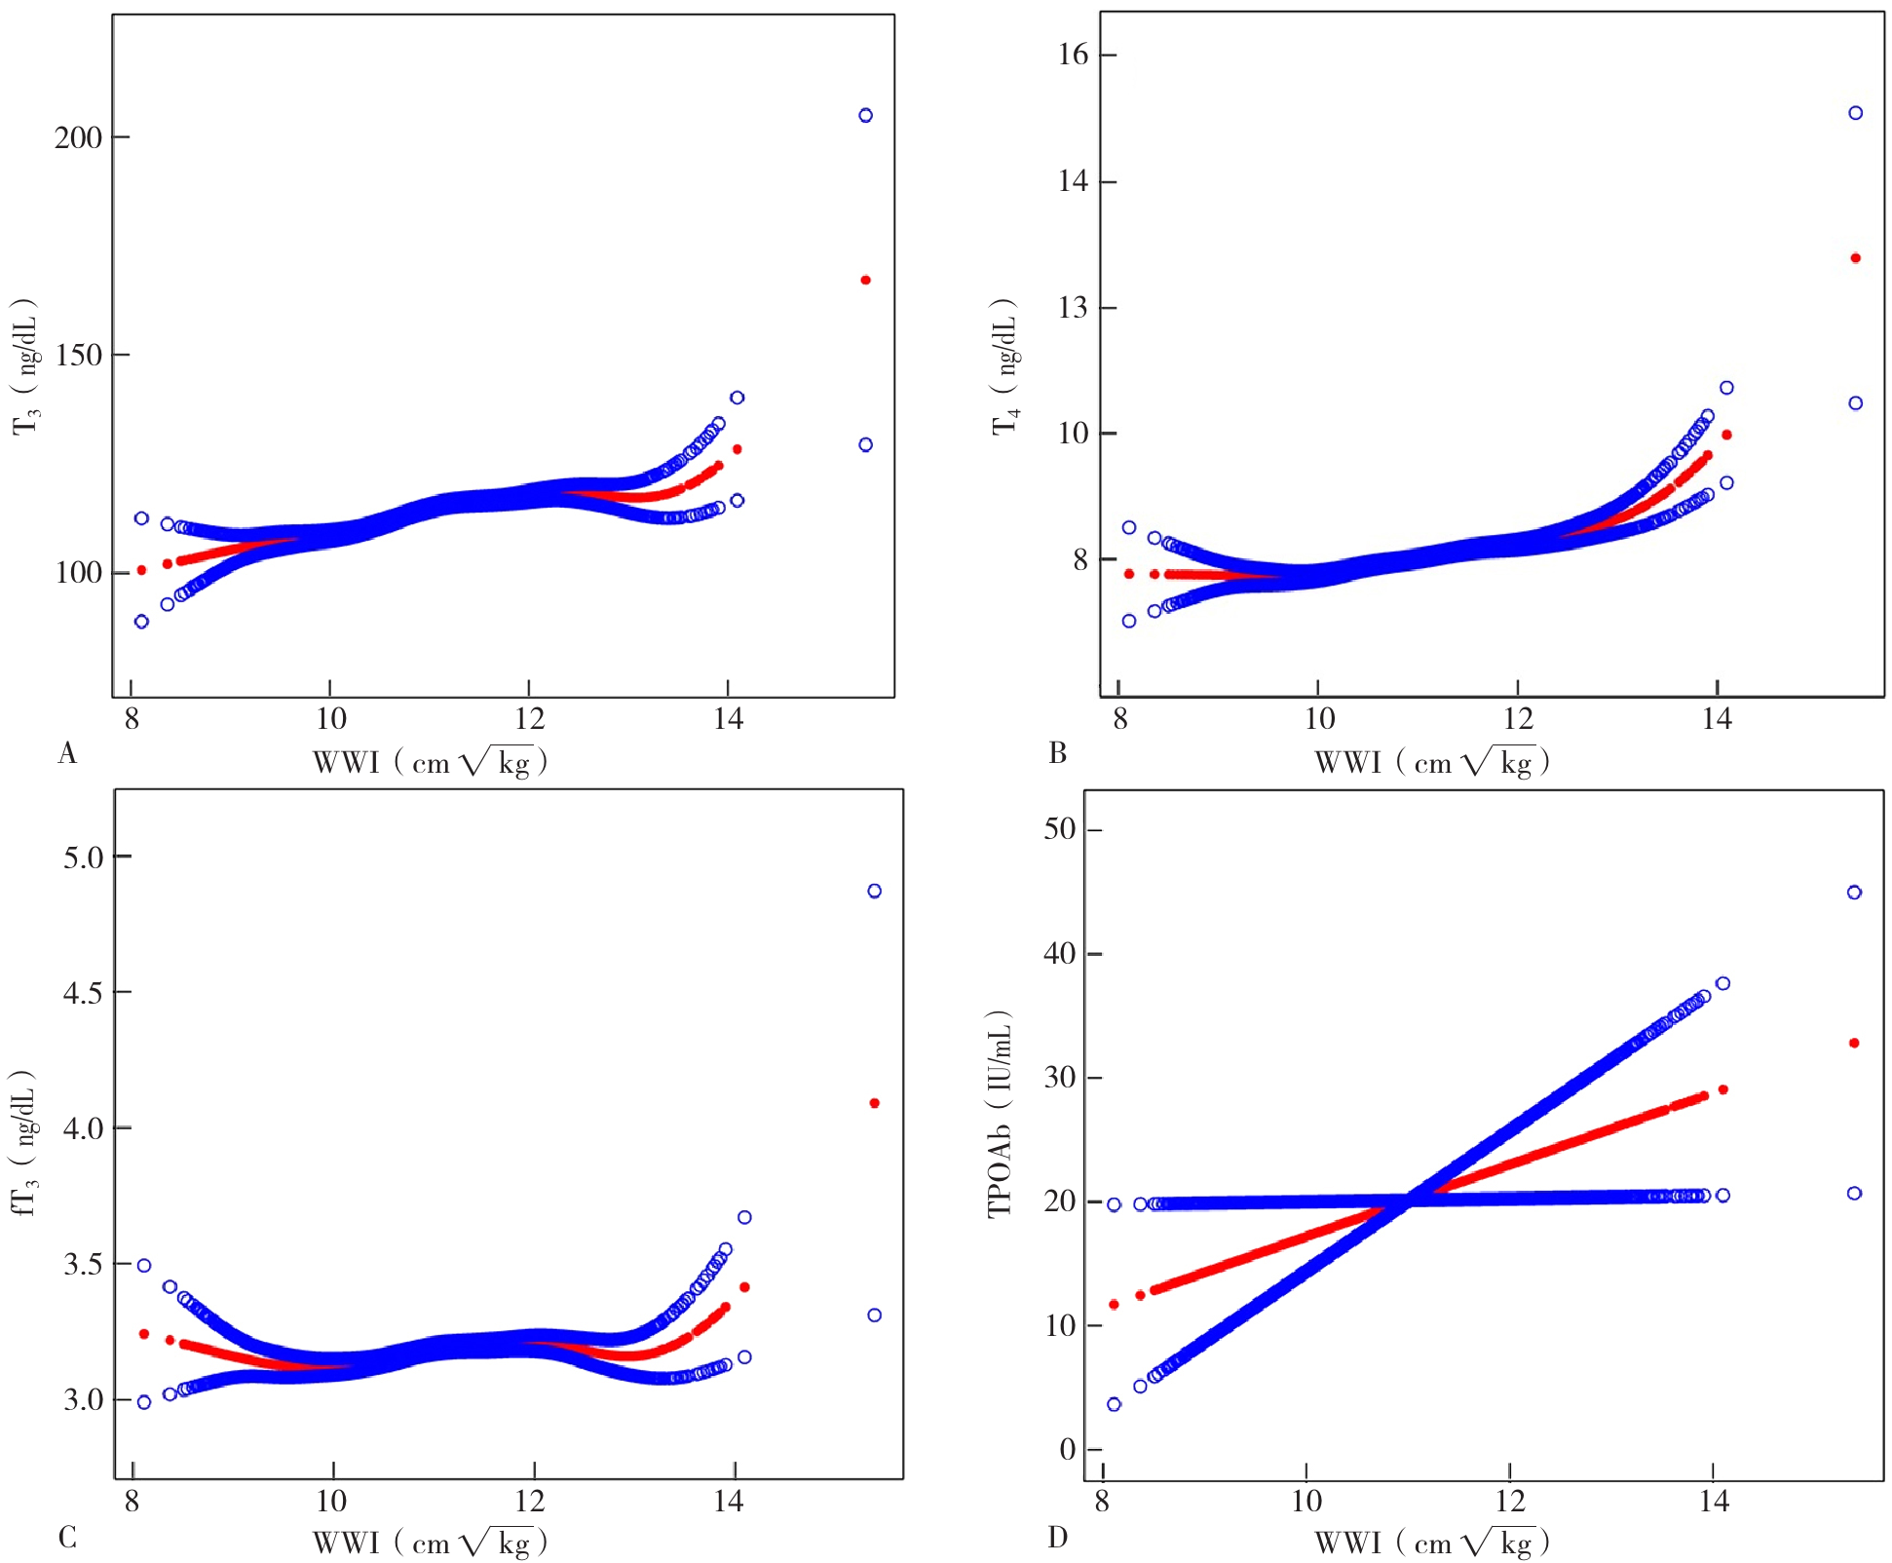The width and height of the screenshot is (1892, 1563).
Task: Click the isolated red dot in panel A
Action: [x=865, y=280]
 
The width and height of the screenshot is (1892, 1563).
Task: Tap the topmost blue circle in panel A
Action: [x=865, y=115]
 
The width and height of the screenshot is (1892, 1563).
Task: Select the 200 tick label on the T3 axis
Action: [x=78, y=137]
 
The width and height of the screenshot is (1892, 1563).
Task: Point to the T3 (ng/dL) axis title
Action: [x=26, y=366]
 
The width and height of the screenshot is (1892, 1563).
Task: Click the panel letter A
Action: [x=67, y=753]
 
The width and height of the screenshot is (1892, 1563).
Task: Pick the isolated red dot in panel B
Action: [x=1855, y=258]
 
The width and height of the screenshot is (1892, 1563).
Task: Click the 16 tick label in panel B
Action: [x=1073, y=55]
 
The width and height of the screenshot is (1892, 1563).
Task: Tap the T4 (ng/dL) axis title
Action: [x=1005, y=366]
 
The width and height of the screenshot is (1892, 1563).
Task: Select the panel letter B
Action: [x=1058, y=753]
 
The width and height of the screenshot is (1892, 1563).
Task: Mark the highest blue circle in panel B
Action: [x=1855, y=113]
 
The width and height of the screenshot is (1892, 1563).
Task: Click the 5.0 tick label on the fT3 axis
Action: [x=83, y=858]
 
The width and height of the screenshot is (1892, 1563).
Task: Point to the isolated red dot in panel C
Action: [x=874, y=1103]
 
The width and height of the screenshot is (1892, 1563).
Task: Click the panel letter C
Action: [x=67, y=1537]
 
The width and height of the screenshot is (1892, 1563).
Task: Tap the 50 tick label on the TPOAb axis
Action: [x=1060, y=829]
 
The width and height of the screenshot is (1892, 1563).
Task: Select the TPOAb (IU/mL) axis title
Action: [x=1001, y=1114]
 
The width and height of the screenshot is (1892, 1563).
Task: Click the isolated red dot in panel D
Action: [x=1854, y=1043]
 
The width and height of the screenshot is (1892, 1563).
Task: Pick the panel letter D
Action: [x=1058, y=1537]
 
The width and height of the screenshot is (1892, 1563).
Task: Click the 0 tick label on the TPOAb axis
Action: [x=1068, y=1449]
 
